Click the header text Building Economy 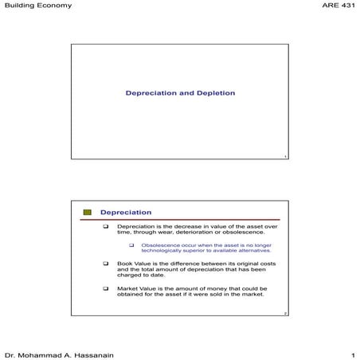tap(37, 6)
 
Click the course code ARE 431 tap(337, 6)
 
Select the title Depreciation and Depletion tap(180, 93)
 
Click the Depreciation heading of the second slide tap(125, 213)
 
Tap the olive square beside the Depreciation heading tap(88, 213)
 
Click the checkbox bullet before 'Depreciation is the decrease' tap(106, 227)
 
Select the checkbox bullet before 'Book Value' tap(106, 263)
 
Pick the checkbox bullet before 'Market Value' tap(106, 288)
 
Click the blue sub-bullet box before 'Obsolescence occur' tap(132, 245)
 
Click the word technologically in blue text tap(164, 251)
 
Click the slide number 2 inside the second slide tap(284, 314)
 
